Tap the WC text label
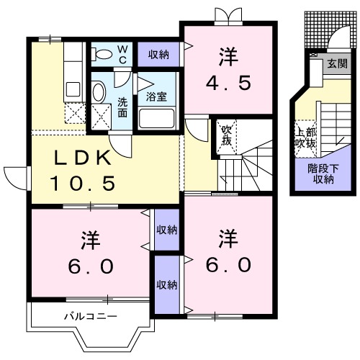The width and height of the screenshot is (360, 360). click(x=122, y=53)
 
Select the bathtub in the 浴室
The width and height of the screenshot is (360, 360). click(x=156, y=117)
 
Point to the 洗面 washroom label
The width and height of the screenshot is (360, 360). click(x=123, y=107)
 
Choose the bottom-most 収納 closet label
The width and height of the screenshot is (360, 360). click(x=166, y=285)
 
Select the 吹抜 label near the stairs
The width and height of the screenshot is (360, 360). click(x=225, y=135)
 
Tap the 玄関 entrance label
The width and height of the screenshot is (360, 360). click(x=336, y=63)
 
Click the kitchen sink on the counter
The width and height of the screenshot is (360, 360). click(x=73, y=89)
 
